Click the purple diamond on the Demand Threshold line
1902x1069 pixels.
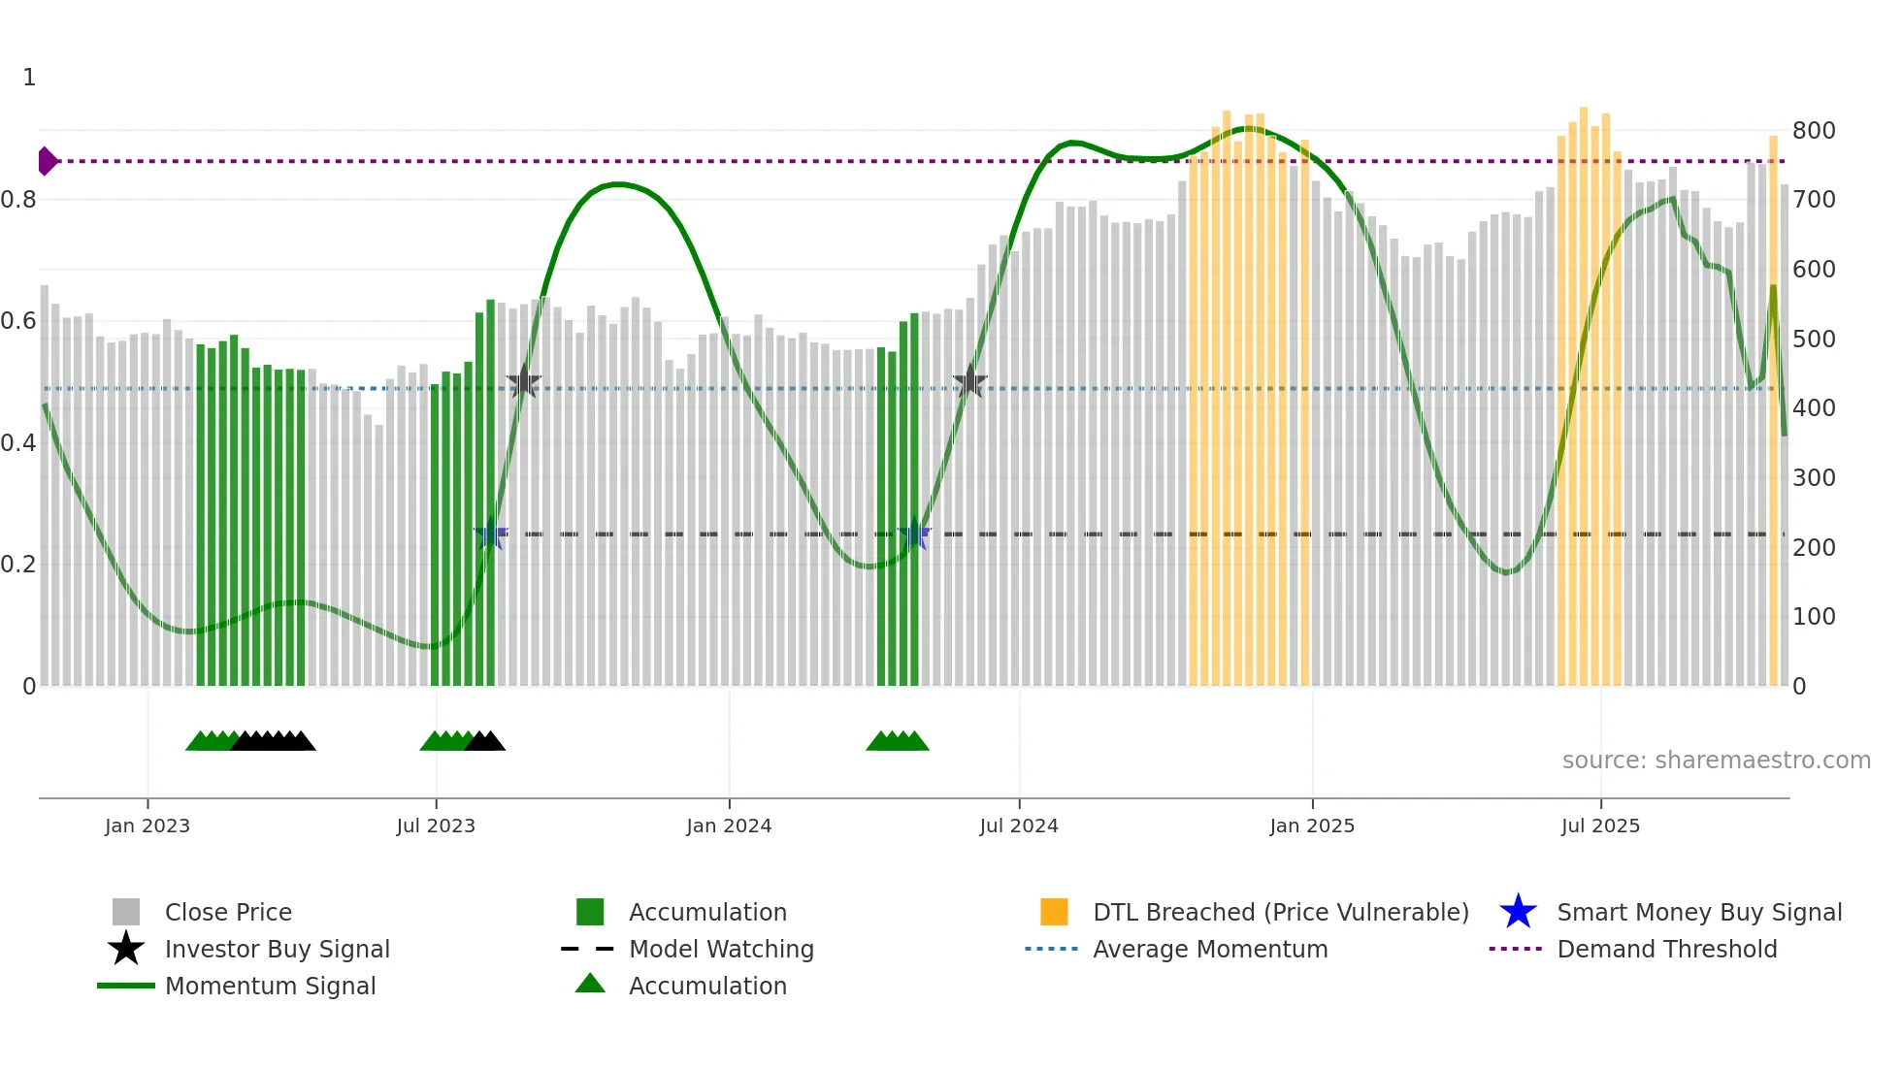46,161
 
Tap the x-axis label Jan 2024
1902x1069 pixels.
729,826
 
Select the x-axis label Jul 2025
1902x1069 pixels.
1600,826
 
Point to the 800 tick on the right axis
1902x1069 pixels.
1813,131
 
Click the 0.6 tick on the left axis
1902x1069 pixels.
19,321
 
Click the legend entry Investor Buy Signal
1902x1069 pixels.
277,950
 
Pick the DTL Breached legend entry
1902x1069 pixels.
1280,913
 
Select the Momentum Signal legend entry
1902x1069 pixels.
270,987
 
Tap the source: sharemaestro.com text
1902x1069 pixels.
1716,761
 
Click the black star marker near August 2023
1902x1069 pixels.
523,382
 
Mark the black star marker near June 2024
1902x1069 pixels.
969,382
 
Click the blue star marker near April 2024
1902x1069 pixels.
914,534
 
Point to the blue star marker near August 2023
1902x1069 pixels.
491,534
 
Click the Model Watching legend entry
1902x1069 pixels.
720,950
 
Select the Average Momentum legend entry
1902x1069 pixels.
1209,950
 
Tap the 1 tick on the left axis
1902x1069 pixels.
29,78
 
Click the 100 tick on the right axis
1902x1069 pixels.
1813,617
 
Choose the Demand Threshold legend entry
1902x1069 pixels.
1666,950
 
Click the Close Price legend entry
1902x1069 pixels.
228,913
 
